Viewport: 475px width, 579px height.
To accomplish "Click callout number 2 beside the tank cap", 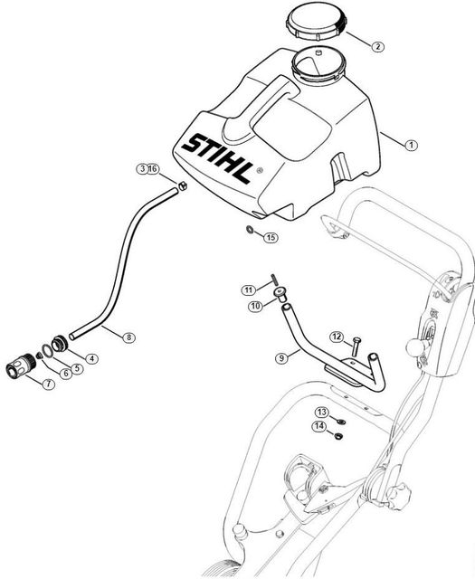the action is [x=377, y=46].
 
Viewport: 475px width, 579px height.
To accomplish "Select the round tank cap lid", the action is [x=317, y=22].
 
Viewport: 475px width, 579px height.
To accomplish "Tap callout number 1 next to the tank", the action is [x=411, y=145].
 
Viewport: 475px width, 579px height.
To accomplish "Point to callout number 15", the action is [x=271, y=237].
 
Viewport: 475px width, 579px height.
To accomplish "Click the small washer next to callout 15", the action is [x=250, y=230].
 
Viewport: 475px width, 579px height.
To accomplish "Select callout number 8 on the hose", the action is [x=128, y=337].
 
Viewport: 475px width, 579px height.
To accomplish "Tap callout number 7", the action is [x=48, y=384].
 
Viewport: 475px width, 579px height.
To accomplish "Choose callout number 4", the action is [x=91, y=358].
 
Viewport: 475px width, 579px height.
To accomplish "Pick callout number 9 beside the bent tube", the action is [x=281, y=358].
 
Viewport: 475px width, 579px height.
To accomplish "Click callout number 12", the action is [x=337, y=337].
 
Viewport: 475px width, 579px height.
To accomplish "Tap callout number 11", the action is [x=249, y=290].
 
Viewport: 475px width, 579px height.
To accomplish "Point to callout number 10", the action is [x=255, y=306].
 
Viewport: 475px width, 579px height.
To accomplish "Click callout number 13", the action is [x=321, y=412].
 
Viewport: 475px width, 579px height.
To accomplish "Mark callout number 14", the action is [x=319, y=426].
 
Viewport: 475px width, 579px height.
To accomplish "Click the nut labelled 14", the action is [x=337, y=436].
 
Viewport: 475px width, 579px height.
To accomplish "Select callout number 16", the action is [x=153, y=169].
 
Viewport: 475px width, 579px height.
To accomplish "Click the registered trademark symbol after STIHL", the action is [x=260, y=170].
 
